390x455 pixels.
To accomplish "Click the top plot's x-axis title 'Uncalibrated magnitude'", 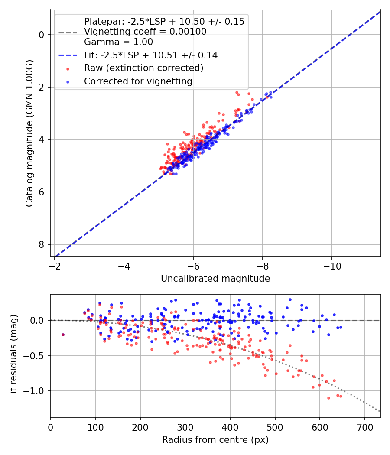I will (x=215, y=279).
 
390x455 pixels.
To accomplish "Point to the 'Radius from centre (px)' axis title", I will (x=215, y=440).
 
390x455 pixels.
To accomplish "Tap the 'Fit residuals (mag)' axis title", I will (x=13, y=356).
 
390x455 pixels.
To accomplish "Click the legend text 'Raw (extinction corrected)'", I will (x=143, y=68).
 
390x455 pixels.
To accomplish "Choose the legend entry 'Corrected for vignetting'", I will (x=138, y=81).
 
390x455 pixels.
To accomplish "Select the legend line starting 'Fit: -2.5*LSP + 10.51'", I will (x=150, y=55).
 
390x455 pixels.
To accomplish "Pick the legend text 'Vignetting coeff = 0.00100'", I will (x=145, y=32).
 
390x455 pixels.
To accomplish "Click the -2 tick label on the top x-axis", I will (x=55, y=265).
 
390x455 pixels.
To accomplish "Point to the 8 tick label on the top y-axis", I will (x=42, y=244).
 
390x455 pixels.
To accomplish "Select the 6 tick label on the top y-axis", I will (x=42, y=192).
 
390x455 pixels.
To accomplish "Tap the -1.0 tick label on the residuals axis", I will (x=36, y=391).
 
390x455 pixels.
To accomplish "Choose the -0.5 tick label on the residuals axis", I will (x=36, y=356).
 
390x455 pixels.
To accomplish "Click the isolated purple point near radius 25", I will (x=63, y=335).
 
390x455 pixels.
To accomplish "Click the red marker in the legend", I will (x=67, y=68).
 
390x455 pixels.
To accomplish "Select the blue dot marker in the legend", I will (x=67, y=81).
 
